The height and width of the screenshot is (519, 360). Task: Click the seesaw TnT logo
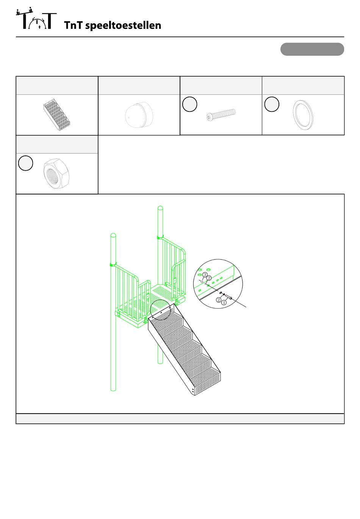pos(36,18)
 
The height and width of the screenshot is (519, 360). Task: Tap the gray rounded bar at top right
pos(312,49)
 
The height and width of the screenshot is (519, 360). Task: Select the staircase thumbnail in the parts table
pos(56,115)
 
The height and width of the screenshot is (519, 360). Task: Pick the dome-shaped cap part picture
pos(139,115)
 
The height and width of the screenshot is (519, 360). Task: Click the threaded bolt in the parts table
pos(221,114)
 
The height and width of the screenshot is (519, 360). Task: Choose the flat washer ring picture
pos(303,115)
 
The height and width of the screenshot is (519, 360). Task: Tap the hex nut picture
pos(56,174)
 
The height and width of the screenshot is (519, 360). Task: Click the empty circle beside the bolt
pos(189,104)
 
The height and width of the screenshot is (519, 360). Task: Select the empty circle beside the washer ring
pos(271,104)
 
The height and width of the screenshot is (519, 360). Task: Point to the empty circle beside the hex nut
pos(25,163)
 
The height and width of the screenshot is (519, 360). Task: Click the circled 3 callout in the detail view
pos(205,275)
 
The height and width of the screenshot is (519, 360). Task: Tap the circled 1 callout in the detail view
pos(224,303)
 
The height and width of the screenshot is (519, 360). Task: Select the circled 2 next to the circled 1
pos(218,300)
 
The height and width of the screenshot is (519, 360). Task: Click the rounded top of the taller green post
pos(160,208)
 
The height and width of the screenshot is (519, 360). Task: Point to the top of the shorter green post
pos(113,235)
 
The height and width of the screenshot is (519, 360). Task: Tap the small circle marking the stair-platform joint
pos(160,310)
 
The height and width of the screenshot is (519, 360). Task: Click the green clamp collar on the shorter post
pos(113,265)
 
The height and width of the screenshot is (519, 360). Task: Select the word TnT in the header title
pos(73,25)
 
